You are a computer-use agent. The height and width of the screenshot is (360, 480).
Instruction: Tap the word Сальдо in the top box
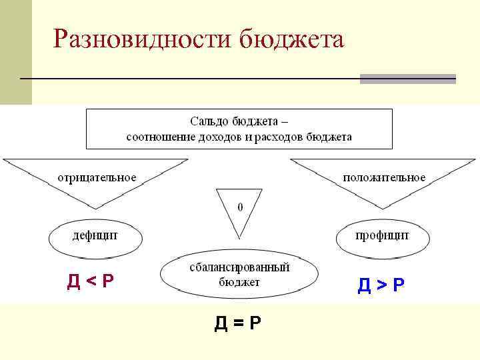point(209,121)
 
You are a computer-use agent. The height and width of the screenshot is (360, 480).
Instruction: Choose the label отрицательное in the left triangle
point(97,177)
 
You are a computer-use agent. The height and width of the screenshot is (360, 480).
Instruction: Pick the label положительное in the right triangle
point(384,177)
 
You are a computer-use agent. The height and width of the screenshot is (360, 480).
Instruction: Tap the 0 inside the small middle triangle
point(240,207)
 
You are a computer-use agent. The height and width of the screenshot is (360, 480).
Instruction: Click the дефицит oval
point(95,235)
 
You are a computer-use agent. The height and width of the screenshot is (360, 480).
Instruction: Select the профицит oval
point(382,235)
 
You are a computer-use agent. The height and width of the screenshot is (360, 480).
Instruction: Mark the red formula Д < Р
point(90,281)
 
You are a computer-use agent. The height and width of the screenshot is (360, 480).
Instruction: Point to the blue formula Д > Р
point(381,285)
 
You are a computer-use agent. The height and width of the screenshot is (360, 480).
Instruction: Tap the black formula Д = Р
point(237,323)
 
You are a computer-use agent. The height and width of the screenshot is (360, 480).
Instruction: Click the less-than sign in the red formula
point(90,282)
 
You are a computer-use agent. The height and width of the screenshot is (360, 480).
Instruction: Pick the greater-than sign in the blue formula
point(381,286)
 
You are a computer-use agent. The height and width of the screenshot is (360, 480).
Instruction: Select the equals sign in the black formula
point(237,324)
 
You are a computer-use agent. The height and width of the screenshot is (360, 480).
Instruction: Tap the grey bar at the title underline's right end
point(407,79)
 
